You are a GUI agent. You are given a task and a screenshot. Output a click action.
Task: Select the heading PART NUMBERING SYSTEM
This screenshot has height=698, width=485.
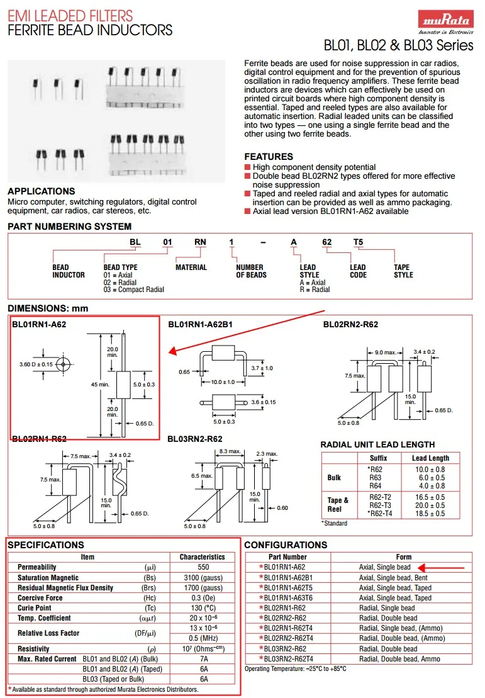click(70, 227)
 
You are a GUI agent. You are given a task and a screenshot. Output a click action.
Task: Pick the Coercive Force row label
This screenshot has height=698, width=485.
click(40, 598)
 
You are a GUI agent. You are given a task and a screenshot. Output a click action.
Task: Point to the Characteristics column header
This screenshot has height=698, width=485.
click(202, 557)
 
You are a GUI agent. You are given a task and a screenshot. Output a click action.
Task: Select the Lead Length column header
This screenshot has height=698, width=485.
click(430, 458)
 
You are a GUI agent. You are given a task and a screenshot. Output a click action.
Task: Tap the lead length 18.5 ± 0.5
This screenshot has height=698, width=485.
click(430, 514)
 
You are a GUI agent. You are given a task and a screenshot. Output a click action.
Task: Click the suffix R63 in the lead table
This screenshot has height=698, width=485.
click(375, 478)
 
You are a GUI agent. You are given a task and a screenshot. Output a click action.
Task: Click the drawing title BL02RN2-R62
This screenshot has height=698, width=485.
click(351, 325)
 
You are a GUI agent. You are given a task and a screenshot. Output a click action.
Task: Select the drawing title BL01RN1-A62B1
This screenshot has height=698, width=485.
click(200, 325)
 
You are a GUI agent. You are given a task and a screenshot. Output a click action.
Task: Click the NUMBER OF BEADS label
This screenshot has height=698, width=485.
click(251, 271)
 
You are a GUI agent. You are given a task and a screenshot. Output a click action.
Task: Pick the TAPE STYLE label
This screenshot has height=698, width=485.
click(403, 271)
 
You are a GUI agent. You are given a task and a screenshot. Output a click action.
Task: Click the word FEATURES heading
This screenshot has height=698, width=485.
click(269, 157)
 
